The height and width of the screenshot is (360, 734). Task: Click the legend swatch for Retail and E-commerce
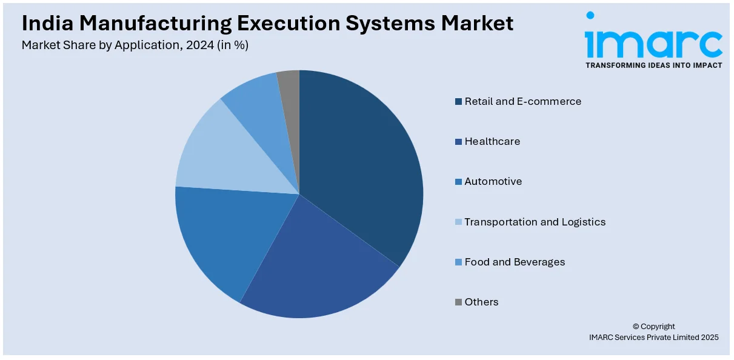(x=459, y=102)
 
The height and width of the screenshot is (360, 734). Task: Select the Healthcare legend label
(x=492, y=142)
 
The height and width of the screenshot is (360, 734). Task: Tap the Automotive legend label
(x=493, y=182)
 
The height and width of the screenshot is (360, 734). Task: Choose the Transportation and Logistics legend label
(x=535, y=222)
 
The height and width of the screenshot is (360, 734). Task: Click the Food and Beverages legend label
(x=515, y=262)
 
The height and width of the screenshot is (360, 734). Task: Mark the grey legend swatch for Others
(x=459, y=302)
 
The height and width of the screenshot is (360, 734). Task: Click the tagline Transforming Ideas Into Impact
(x=653, y=65)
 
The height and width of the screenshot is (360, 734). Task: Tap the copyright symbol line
(x=653, y=327)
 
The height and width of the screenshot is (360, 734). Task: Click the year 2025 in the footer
(x=709, y=338)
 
